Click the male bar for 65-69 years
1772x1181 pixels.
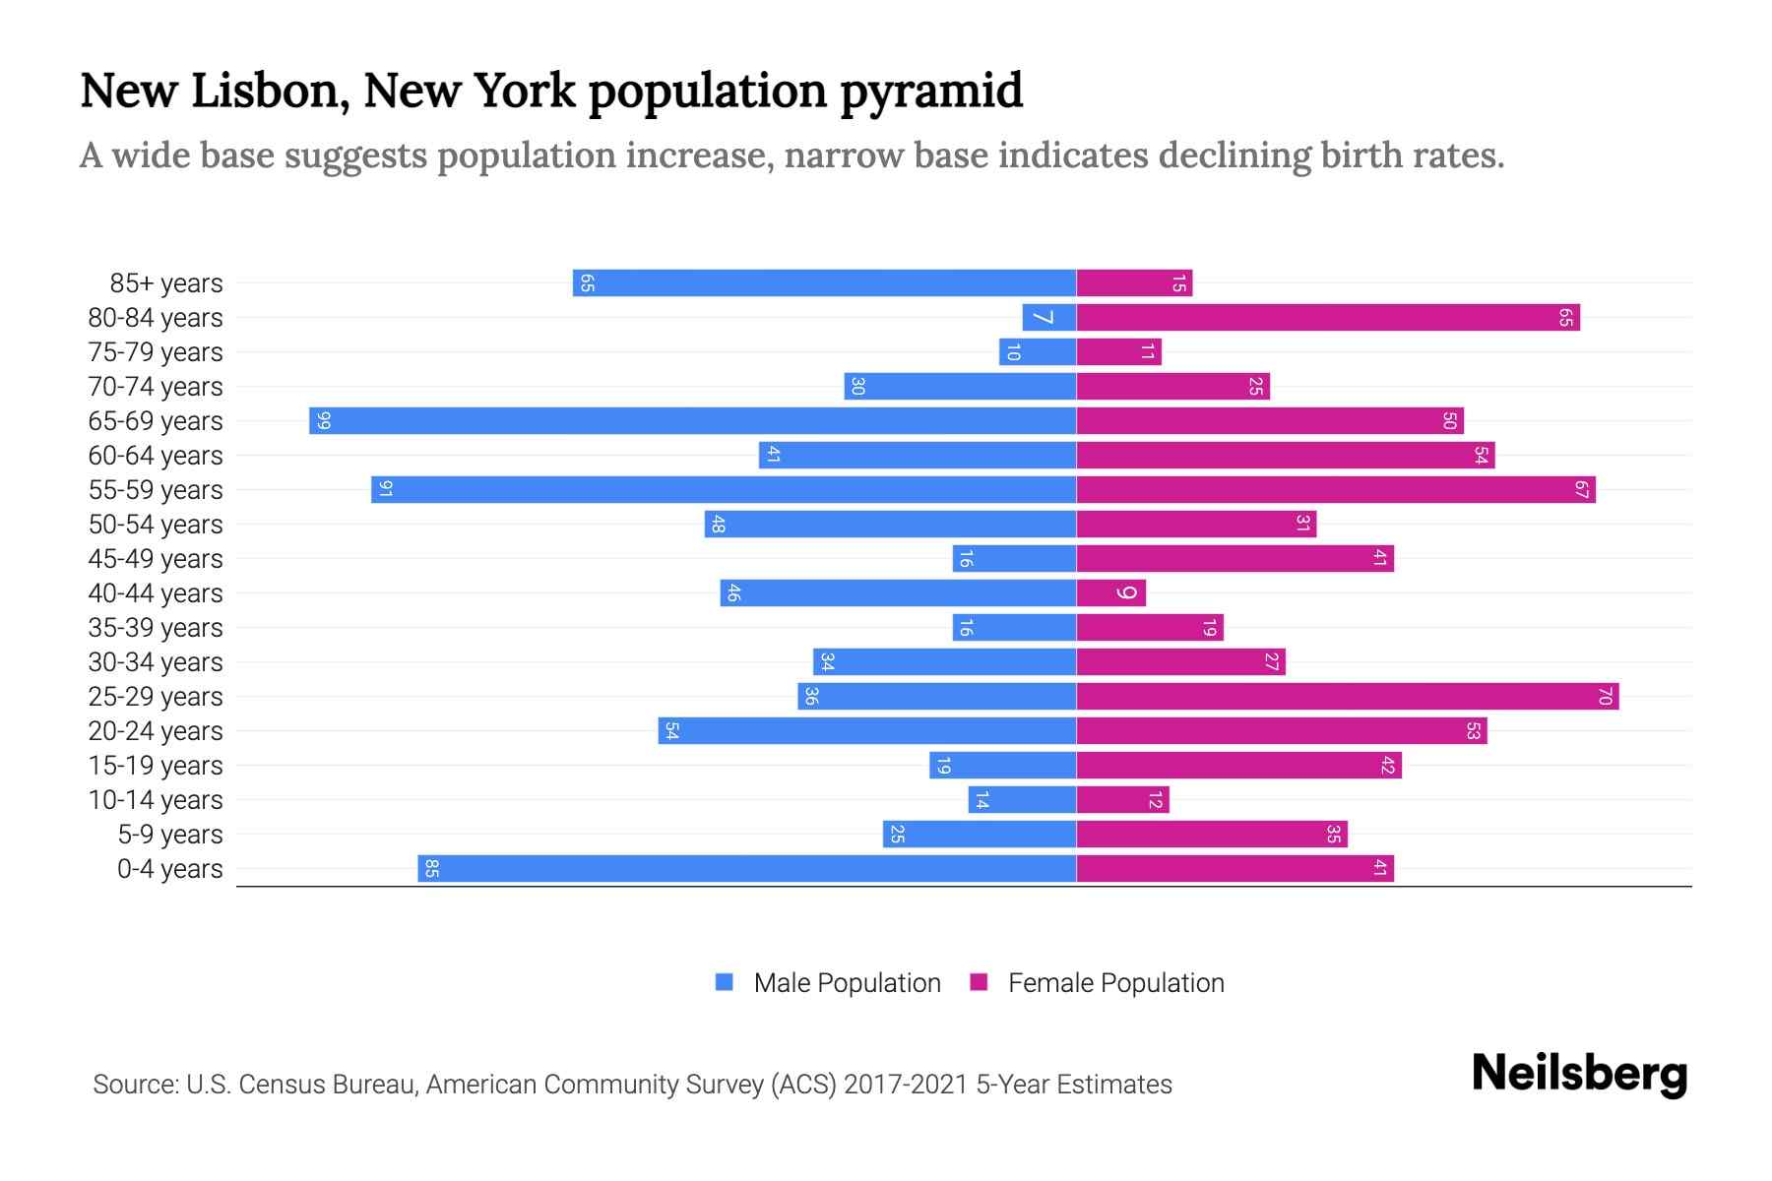coord(692,421)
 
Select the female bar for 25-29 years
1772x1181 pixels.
coord(1347,697)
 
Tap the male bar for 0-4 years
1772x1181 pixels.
coord(746,869)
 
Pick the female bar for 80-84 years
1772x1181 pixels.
coord(1327,318)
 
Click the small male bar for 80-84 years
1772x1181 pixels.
coord(1048,318)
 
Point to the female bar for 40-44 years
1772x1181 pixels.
coord(1110,593)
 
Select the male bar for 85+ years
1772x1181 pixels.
coord(824,283)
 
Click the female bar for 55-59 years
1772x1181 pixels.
coord(1335,490)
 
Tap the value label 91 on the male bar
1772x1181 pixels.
coord(385,490)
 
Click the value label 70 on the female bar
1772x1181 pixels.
coord(1605,697)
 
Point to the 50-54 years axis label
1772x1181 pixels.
coord(156,525)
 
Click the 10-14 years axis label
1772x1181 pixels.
coord(156,800)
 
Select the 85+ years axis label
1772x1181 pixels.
coord(166,283)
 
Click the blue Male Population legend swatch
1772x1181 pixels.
coord(725,982)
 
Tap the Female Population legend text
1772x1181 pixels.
coord(1115,982)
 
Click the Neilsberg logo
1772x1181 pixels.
coord(1579,1075)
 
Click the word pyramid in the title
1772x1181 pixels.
coord(931,92)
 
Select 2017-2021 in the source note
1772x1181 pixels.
coord(906,1085)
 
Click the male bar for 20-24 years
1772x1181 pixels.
coord(866,731)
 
